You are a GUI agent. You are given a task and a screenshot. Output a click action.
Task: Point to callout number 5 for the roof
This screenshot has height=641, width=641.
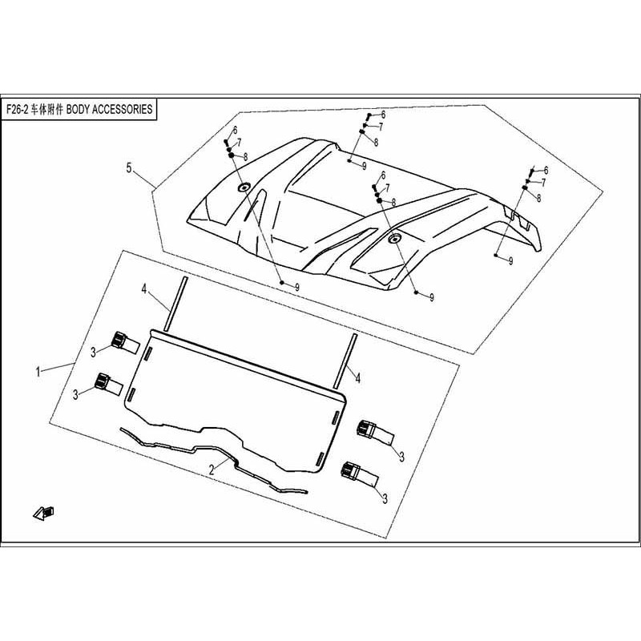click(x=128, y=168)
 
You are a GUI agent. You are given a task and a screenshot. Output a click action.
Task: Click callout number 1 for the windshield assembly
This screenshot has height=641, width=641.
click(x=38, y=372)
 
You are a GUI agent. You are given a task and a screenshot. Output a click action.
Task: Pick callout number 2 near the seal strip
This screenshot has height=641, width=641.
click(x=212, y=472)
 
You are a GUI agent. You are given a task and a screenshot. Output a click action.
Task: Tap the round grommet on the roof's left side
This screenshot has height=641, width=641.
click(x=244, y=187)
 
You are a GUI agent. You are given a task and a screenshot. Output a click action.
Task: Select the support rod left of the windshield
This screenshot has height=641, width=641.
click(x=175, y=304)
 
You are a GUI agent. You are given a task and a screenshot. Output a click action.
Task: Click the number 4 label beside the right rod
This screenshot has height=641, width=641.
click(x=358, y=376)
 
